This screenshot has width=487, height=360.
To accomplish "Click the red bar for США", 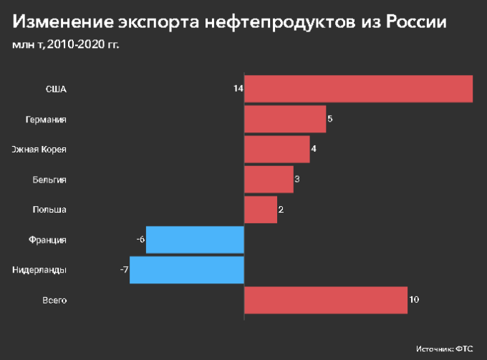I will pos(358,89).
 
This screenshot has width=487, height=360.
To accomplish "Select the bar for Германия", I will pos(285,119).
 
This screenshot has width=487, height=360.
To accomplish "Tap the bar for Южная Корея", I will pos(276,149).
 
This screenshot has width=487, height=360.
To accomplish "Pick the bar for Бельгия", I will pos(269,179).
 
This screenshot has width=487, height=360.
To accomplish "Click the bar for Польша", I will pos(261,210).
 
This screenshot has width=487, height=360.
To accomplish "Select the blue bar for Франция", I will pos(195,240).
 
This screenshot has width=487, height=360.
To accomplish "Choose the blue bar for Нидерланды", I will pos(187,270).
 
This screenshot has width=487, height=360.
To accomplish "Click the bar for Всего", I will pos(326,300).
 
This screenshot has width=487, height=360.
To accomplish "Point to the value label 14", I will pos(238,89).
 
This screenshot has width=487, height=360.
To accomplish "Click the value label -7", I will pos(124,270).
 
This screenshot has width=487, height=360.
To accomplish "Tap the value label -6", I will pos(140,240).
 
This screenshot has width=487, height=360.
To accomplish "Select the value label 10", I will pos(414,300).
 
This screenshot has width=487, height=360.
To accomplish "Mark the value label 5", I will pos(330,119).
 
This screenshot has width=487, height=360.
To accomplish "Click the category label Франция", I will pos(48,240).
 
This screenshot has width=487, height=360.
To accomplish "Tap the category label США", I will pos(56,89).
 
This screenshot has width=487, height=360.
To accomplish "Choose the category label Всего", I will pos(54,300).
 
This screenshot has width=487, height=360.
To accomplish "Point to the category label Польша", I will pos(49,210).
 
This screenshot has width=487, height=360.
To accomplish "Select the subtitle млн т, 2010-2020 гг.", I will pos(65,45).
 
